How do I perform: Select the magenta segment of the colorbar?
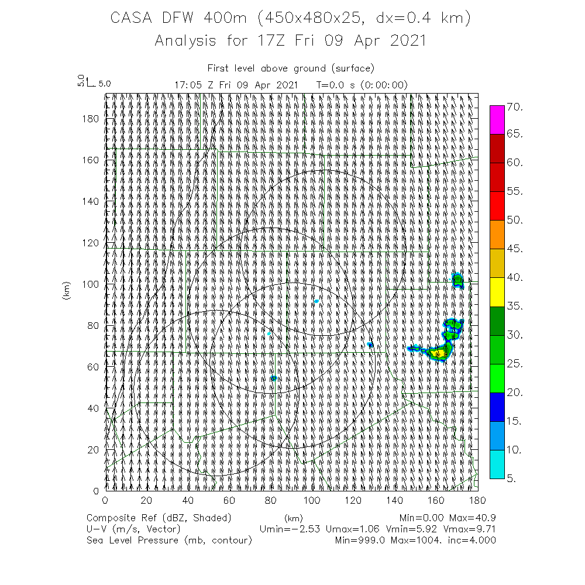click(497, 120)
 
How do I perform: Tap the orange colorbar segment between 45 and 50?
click(497, 235)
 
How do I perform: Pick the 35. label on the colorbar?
click(514, 306)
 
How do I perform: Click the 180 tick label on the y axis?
click(92, 118)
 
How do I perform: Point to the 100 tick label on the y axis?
click(92, 284)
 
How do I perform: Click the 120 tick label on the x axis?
click(353, 501)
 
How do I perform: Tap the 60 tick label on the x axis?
click(229, 501)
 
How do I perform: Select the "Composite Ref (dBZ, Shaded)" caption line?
click(159, 518)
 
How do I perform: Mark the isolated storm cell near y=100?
click(458, 280)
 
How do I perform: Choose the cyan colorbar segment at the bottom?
click(497, 464)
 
